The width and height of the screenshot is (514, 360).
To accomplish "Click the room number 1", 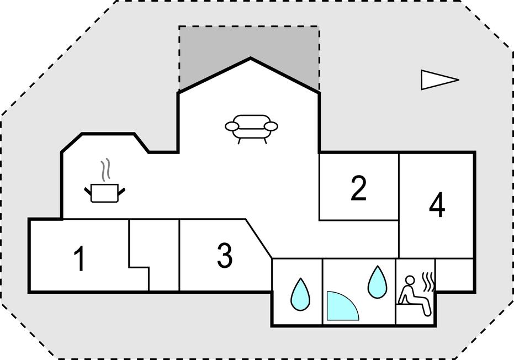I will pyautogui.click(x=80, y=259).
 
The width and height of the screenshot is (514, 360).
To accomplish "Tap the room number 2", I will pyautogui.click(x=358, y=188).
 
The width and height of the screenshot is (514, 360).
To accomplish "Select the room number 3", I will pyautogui.click(x=224, y=255).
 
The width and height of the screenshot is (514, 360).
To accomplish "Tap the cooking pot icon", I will pyautogui.click(x=104, y=193).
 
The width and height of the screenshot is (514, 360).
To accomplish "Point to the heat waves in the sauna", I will pyautogui.click(x=429, y=280).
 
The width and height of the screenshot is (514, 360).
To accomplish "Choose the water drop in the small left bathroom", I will pyautogui.click(x=300, y=294).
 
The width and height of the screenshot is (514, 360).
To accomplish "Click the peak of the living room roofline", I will pyautogui.click(x=250, y=58).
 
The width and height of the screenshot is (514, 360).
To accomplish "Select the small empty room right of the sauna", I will pyautogui.click(x=455, y=274).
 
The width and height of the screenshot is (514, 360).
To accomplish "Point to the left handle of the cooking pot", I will pyautogui.click(x=88, y=191).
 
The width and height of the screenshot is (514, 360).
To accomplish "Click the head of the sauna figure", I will pyautogui.click(x=409, y=280).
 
